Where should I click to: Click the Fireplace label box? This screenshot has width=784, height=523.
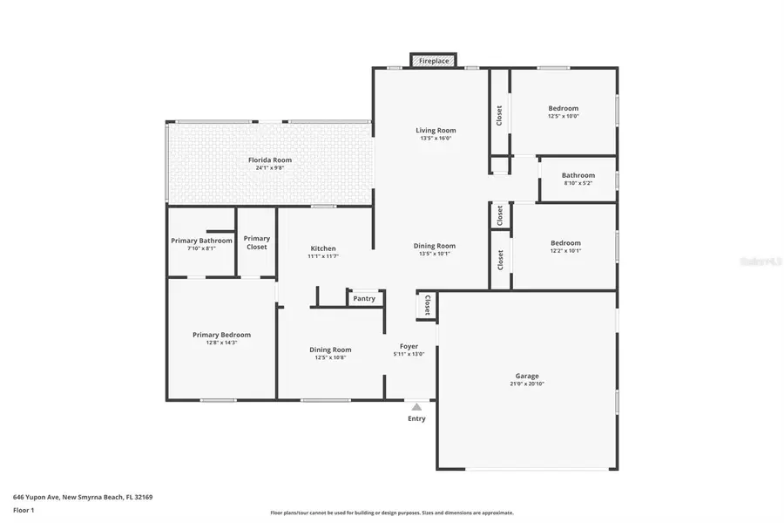[x=434, y=61]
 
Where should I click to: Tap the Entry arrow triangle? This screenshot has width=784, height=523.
[x=416, y=406]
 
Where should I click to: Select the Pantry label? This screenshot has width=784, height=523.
[x=364, y=299]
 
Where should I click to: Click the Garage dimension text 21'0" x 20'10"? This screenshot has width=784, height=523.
[x=527, y=384]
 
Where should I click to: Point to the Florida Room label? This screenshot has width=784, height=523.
[x=269, y=160]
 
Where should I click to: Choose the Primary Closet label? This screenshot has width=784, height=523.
[x=256, y=242]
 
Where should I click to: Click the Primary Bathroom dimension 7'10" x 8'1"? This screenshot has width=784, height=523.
[x=201, y=248]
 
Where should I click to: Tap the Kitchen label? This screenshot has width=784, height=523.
[x=322, y=248]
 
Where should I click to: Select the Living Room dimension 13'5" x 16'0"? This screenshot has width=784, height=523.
[x=436, y=138]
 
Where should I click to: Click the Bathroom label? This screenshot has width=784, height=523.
[x=578, y=175]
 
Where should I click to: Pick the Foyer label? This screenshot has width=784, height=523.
[x=409, y=346]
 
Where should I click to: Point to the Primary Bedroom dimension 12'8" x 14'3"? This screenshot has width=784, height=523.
[x=221, y=343]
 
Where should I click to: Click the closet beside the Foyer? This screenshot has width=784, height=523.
[x=427, y=305]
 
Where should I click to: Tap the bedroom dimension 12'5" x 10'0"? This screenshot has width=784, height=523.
[x=563, y=116]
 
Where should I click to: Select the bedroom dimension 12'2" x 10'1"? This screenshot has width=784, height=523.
[x=564, y=251]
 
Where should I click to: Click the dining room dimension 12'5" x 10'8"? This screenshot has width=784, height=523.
[x=330, y=357]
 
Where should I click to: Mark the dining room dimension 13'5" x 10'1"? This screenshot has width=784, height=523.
[x=434, y=254]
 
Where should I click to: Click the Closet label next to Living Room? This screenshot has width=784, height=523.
[x=499, y=116]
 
